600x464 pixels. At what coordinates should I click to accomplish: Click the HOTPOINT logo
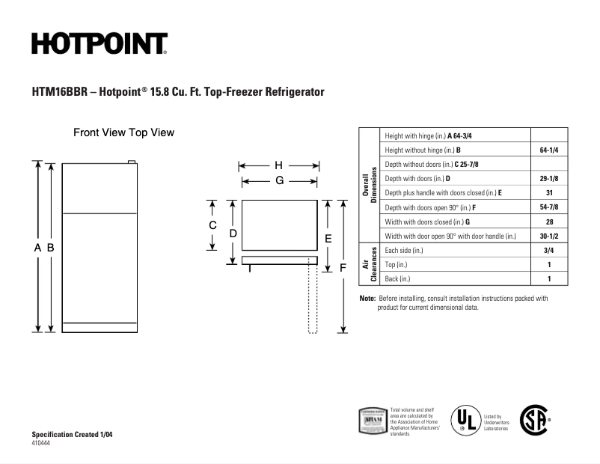pyautogui.click(x=100, y=43)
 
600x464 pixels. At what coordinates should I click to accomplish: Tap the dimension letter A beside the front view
pyautogui.click(x=37, y=247)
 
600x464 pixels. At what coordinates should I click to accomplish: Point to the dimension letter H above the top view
pyautogui.click(x=278, y=165)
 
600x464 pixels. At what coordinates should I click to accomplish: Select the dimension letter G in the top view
pyautogui.click(x=278, y=180)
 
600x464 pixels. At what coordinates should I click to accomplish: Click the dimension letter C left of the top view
pyautogui.click(x=212, y=225)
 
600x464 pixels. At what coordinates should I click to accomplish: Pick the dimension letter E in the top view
pyautogui.click(x=328, y=238)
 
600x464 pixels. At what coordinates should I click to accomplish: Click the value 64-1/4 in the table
pyautogui.click(x=550, y=150)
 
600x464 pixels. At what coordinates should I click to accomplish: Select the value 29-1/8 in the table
pyautogui.click(x=550, y=179)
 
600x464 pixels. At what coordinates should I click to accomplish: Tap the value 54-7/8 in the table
pyautogui.click(x=550, y=207)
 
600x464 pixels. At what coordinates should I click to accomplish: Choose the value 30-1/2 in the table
pyautogui.click(x=550, y=236)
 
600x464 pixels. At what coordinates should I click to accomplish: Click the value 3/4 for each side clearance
pyautogui.click(x=550, y=251)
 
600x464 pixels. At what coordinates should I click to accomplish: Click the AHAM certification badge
pyautogui.click(x=373, y=421)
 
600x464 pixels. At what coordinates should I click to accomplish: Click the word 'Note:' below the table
pyautogui.click(x=367, y=298)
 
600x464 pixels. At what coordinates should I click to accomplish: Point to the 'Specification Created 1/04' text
pyautogui.click(x=73, y=435)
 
